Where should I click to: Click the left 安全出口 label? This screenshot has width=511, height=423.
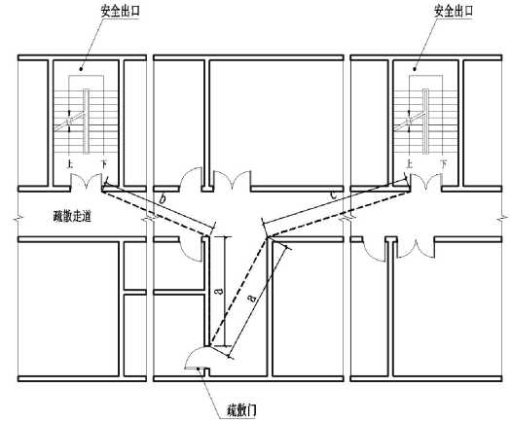point(121,12)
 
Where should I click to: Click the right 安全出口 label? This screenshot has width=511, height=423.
point(454,12)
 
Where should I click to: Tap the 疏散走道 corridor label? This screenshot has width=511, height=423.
point(72,217)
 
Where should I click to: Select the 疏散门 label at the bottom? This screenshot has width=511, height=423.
point(241,410)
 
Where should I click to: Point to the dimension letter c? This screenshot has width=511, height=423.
point(333,195)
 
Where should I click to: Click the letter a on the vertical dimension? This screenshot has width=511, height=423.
point(220,290)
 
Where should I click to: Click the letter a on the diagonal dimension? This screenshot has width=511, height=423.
point(251,297)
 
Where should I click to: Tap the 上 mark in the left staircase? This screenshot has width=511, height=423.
point(69,164)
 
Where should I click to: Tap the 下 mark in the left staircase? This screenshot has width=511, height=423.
point(103,164)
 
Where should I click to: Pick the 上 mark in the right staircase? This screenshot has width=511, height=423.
point(410,163)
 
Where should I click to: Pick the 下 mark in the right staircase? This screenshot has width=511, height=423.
point(443,163)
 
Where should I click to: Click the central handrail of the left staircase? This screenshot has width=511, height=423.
point(86,121)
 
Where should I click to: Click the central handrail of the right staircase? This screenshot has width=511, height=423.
point(426,121)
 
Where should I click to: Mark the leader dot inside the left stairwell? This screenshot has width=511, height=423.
point(81,69)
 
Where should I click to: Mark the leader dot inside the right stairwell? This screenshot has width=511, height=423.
point(415,69)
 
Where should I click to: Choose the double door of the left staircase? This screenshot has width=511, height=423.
point(86,180)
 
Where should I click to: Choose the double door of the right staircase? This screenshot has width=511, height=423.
point(425,180)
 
